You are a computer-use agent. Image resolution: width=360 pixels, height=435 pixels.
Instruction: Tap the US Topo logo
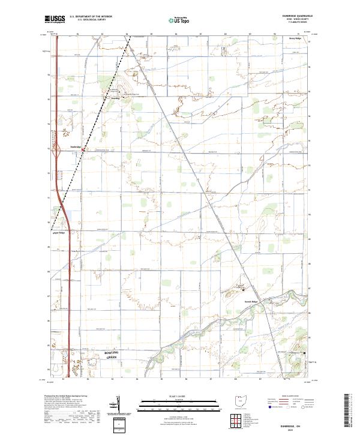point(173,19)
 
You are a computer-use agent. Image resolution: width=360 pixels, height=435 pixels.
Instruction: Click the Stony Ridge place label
point(295,38)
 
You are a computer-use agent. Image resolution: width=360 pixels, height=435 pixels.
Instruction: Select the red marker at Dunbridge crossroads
point(83,149)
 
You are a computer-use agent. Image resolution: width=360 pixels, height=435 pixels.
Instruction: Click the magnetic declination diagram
point(118,403)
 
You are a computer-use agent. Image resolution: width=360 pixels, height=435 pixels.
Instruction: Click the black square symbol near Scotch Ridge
point(244,283)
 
